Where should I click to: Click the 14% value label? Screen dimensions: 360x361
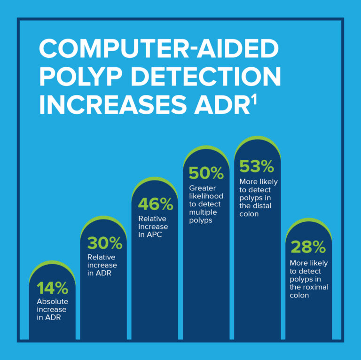(x=52, y=288)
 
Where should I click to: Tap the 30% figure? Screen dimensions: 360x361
(x=104, y=243)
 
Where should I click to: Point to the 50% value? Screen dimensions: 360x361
(x=206, y=173)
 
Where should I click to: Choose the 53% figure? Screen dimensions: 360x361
(x=256, y=166)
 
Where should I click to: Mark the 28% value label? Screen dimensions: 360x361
(x=308, y=247)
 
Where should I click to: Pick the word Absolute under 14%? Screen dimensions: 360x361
(x=52, y=301)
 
